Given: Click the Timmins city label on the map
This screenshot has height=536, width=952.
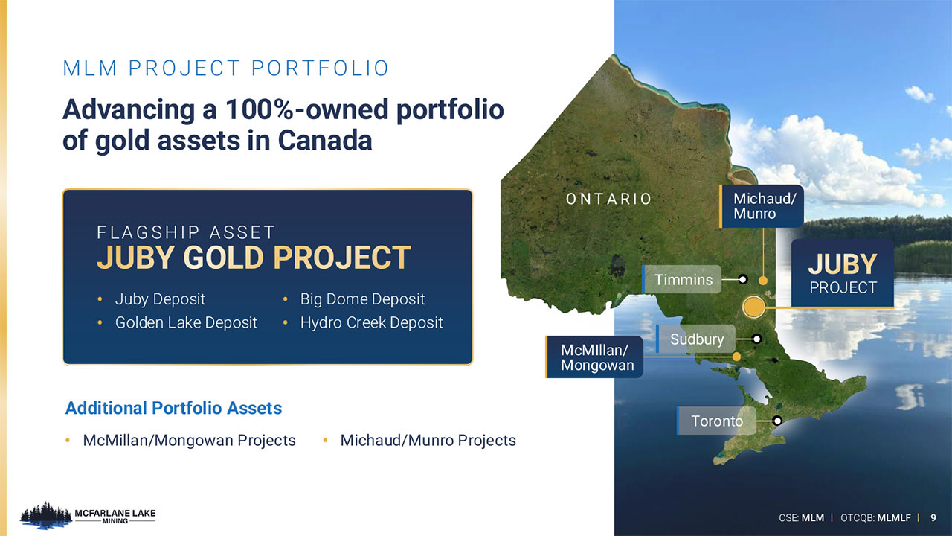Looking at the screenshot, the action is click(x=682, y=279).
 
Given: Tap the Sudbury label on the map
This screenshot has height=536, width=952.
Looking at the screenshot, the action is click(x=695, y=339).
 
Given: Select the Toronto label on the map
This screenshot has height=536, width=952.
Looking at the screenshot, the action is click(x=716, y=421).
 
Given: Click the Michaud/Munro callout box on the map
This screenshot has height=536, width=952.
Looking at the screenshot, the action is click(x=761, y=206).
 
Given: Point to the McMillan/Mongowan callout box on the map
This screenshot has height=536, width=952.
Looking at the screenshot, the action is click(x=594, y=357).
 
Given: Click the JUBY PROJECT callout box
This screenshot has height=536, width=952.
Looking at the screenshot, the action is click(x=843, y=273).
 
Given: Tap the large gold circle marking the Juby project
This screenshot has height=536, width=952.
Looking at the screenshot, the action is click(x=754, y=307).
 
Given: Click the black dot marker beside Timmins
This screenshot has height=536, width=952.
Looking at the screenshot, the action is click(x=743, y=279).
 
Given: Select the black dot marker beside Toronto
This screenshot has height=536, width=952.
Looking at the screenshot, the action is click(x=777, y=421).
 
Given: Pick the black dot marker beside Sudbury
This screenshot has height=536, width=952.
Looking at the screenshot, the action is click(x=756, y=339).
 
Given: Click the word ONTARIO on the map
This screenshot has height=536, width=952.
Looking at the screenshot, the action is click(x=608, y=199).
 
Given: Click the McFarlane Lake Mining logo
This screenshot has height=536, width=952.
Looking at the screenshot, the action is click(x=88, y=516).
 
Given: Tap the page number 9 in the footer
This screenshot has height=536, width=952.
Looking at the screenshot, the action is click(x=933, y=517).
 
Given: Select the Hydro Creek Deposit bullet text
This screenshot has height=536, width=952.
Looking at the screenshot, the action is click(x=371, y=322).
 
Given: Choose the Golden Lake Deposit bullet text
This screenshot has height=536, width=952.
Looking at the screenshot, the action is click(x=186, y=322).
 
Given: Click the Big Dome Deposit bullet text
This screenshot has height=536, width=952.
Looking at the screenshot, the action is click(x=362, y=299).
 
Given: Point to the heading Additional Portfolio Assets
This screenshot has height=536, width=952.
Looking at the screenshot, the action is click(x=173, y=408).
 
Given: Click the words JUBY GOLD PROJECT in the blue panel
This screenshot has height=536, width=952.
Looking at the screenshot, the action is click(x=254, y=258).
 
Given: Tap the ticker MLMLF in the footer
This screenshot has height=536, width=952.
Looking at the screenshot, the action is click(x=894, y=517).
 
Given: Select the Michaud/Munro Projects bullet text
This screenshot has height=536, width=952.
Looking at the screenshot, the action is click(x=428, y=440).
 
